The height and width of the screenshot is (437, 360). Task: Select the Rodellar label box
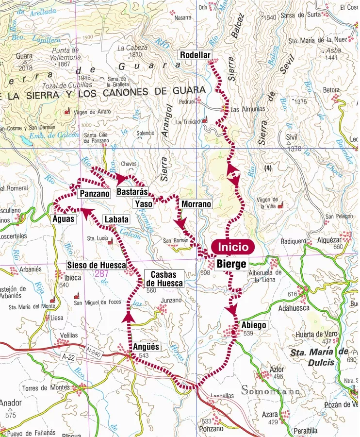coord(195,55)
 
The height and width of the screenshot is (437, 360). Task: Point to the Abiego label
coord(253,325)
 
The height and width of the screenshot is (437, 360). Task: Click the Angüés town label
coord(146,347)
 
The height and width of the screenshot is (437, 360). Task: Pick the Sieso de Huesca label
coord(97,265)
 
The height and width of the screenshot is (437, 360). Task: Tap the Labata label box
coord(116,219)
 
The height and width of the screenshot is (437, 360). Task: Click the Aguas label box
coord(64,219)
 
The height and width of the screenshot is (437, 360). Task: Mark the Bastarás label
coord(132,192)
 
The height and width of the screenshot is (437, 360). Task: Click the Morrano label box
coord(196,204)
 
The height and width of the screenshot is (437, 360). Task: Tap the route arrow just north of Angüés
coord(129,317)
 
